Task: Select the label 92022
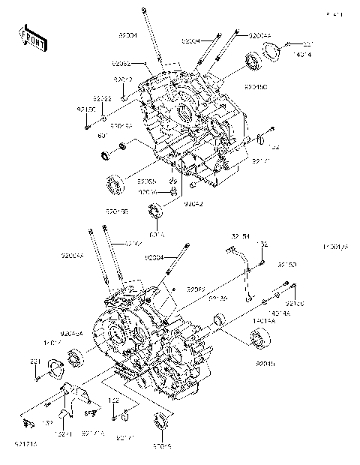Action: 103,99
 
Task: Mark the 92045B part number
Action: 117,212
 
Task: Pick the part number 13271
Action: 64,433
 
